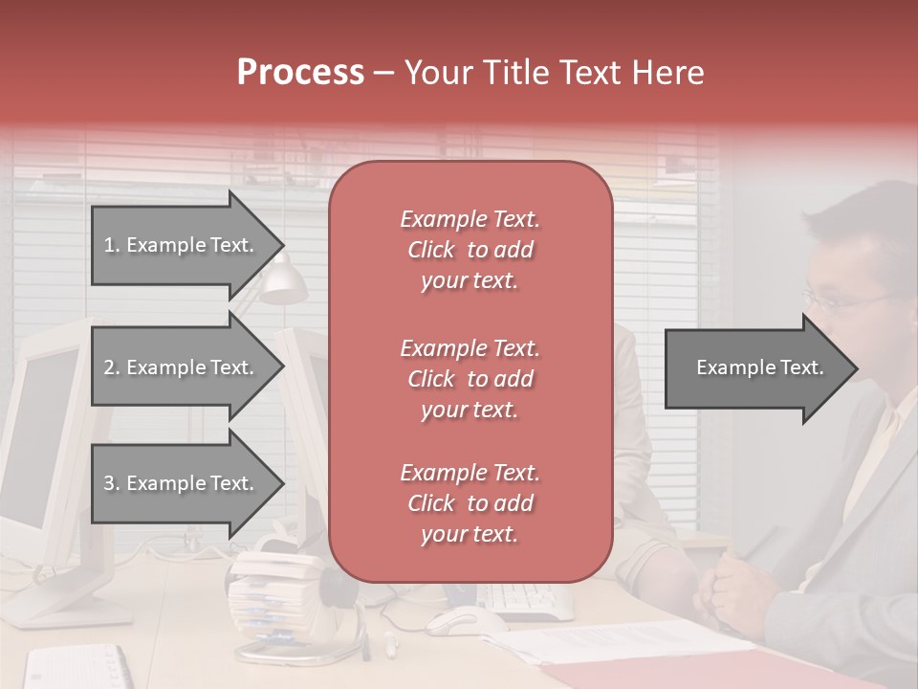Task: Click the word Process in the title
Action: [x=300, y=73]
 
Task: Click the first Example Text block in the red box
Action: [x=470, y=250]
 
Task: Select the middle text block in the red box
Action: [x=470, y=378]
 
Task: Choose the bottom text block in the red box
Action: [x=470, y=503]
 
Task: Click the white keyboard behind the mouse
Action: [x=526, y=599]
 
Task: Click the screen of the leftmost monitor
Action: [x=43, y=421]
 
